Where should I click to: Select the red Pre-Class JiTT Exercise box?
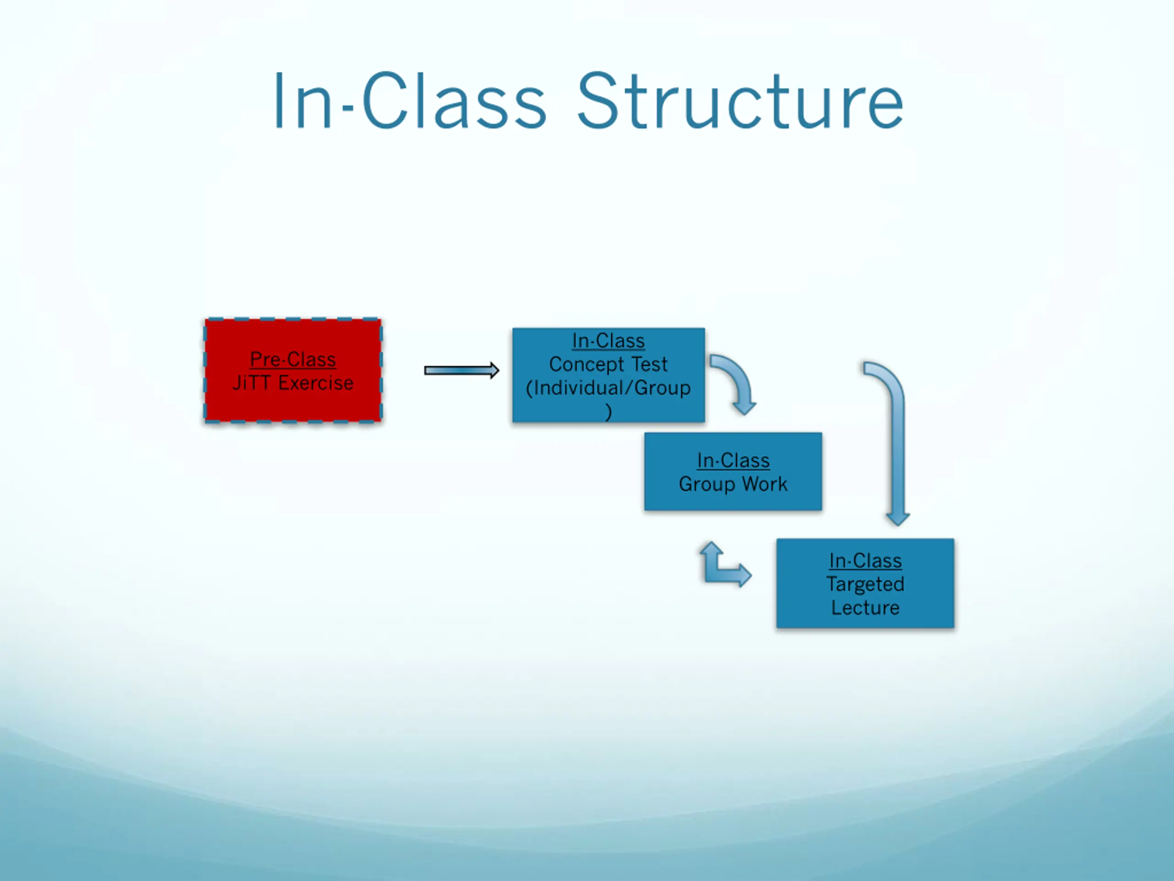pyautogui.click(x=293, y=404)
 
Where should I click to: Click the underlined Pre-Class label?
pyautogui.click(x=293, y=360)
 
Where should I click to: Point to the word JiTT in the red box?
pyautogui.click(x=252, y=383)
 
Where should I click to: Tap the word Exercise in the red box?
pyautogui.click(x=316, y=383)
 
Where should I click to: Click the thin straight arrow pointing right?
pyautogui.click(x=461, y=370)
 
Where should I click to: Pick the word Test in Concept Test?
pyautogui.click(x=649, y=364)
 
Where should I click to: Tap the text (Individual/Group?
pyautogui.click(x=608, y=388)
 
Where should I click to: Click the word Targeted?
pyautogui.click(x=865, y=584)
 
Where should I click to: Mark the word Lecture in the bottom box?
pyautogui.click(x=865, y=608)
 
